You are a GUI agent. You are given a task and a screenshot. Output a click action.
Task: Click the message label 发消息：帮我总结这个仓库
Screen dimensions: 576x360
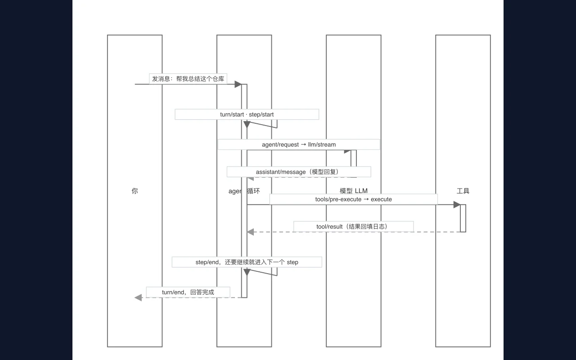[188, 79]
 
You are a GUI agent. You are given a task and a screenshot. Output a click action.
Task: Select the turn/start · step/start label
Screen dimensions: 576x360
[247, 114]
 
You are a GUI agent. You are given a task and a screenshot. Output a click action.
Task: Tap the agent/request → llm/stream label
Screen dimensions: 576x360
[299, 144]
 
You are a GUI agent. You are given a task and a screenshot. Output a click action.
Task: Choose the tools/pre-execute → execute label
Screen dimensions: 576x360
[354, 199]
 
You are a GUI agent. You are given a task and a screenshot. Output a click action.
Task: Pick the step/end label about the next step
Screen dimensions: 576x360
[247, 262]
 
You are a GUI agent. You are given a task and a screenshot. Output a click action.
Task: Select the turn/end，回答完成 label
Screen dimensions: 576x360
[188, 292]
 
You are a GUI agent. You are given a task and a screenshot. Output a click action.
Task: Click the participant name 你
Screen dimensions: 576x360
[135, 191]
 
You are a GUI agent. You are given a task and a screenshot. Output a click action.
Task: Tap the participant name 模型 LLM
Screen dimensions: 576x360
[354, 191]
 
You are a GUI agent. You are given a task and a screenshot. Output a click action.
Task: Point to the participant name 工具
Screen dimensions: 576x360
[463, 191]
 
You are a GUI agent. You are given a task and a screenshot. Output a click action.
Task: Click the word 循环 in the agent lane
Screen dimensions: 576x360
[253, 191]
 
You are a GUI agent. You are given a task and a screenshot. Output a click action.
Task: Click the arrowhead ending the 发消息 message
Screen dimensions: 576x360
[238, 84]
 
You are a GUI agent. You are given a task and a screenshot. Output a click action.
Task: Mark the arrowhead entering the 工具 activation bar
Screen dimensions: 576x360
[457, 205]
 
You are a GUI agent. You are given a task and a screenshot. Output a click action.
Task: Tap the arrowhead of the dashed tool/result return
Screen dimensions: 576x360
[251, 232]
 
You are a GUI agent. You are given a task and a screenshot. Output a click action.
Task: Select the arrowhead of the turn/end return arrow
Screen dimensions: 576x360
[138, 297]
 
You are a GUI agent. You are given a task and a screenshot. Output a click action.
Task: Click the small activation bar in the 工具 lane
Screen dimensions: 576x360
[463, 218]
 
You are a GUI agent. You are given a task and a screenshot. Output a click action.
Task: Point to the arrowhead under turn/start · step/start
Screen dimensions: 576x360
[247, 125]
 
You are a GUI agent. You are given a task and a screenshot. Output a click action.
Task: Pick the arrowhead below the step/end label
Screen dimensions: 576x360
[247, 272]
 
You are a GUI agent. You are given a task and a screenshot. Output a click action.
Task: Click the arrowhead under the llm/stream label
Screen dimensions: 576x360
[347, 152]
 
